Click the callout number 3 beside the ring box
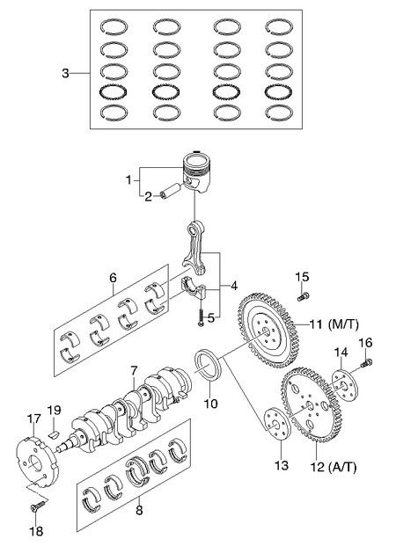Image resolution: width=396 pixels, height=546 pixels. tap(65, 74)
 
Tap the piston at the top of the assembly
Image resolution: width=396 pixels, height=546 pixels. tap(197, 171)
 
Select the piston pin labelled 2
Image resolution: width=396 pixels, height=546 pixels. tap(171, 191)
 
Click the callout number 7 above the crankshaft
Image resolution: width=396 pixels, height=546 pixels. tap(135, 370)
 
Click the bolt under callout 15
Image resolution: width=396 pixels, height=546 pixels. tap(303, 296)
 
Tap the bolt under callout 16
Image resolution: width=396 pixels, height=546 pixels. tap(366, 363)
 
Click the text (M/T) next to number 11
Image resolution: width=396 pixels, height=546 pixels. tap(343, 324)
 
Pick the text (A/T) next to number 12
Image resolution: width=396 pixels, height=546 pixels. tap(342, 467)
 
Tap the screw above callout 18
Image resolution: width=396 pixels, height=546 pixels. tap(39, 505)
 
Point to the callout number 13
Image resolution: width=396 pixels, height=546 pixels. tap(282, 465)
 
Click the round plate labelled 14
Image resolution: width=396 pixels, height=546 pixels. tap(344, 386)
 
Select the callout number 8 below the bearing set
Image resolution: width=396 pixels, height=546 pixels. tap(139, 511)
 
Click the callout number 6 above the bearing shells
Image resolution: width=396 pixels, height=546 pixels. tap(113, 278)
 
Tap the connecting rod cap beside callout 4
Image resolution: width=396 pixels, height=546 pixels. tap(194, 288)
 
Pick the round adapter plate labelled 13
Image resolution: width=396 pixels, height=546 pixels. tap(277, 425)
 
